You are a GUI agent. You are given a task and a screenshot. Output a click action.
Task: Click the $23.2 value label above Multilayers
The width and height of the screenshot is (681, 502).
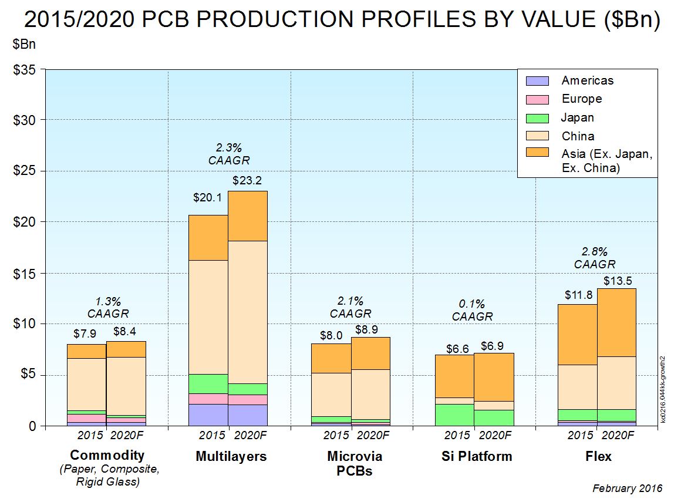coord(247,180)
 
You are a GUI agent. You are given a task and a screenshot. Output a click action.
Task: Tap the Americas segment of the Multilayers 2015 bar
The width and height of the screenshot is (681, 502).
coord(208,415)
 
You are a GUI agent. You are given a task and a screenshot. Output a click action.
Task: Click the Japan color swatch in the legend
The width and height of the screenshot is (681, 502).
coord(537,118)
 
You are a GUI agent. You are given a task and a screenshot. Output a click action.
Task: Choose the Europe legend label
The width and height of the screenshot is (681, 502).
coord(581,99)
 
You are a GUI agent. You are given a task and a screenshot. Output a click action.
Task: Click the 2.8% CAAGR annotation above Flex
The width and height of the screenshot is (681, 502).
coord(594,258)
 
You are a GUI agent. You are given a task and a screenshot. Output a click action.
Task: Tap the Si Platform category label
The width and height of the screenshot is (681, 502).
coord(477,456)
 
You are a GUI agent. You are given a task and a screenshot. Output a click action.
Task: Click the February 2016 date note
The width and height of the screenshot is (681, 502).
coord(627,488)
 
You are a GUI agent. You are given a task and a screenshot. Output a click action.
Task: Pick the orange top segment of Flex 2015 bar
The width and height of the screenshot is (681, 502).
coord(577,335)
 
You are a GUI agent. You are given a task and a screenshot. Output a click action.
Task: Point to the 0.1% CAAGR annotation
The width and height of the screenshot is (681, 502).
coord(472,310)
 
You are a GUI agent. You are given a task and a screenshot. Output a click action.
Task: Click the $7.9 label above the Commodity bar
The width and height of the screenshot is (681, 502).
coord(85,333)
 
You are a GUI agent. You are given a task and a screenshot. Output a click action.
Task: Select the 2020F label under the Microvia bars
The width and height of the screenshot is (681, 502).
coord(373,436)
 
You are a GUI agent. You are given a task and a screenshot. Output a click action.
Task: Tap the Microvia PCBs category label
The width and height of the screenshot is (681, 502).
coord(355,463)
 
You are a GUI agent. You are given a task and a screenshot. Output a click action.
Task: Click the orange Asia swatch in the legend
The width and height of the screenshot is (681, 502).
coord(537,152)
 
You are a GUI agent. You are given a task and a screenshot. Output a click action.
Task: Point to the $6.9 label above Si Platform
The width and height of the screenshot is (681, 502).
coord(493,346)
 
